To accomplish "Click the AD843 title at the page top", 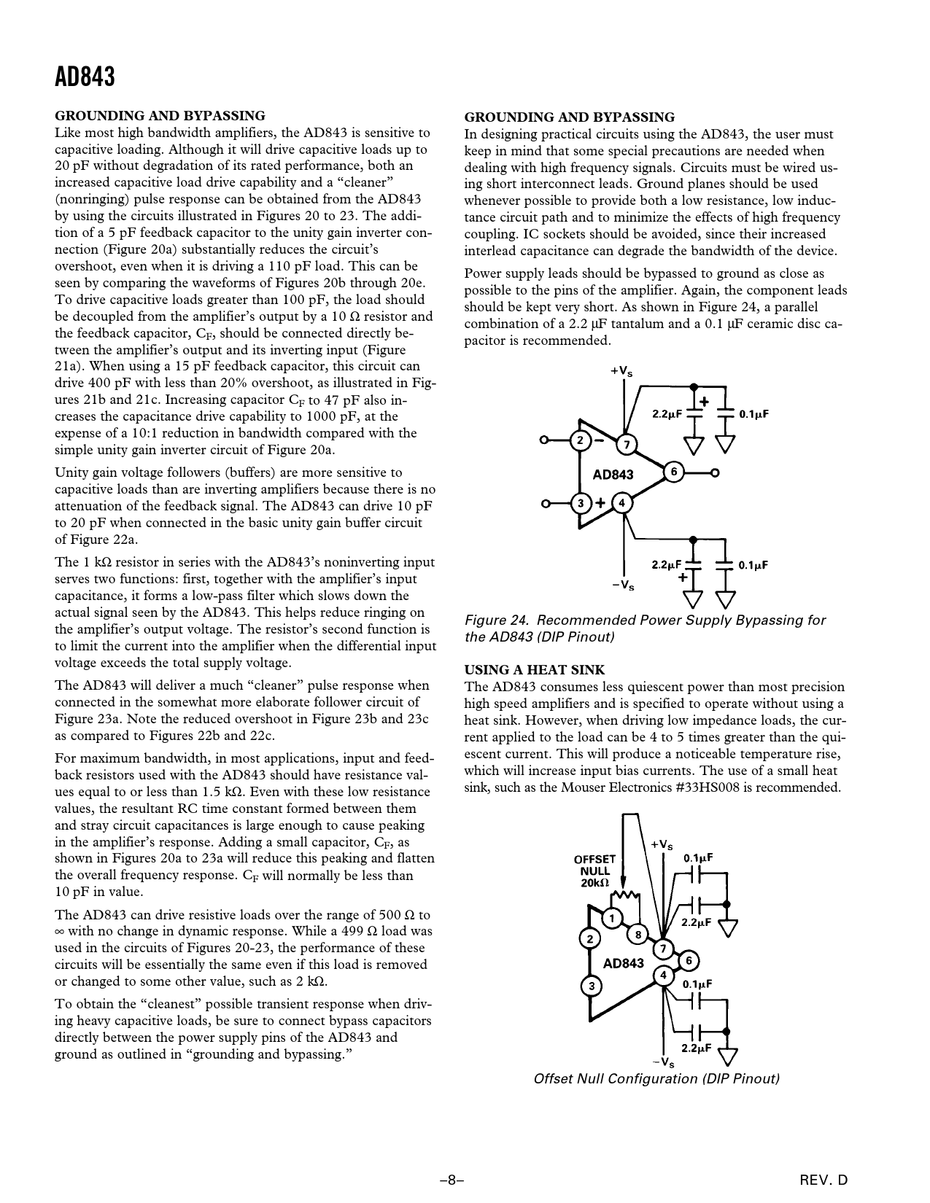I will [85, 77].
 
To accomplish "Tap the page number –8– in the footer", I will [452, 1178].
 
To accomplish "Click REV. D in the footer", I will [824, 1178].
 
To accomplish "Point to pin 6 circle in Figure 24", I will [673, 472].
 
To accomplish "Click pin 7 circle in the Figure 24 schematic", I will [625, 444].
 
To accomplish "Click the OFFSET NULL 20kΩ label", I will [594, 871].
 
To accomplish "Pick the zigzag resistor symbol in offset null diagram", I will [624, 894].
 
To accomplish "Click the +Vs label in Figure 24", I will [621, 372].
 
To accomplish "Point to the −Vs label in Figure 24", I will [622, 585].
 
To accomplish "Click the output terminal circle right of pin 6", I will [716, 472].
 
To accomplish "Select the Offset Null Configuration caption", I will [656, 1078].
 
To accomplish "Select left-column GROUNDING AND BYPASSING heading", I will [160, 115].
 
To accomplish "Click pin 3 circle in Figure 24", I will [581, 503].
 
